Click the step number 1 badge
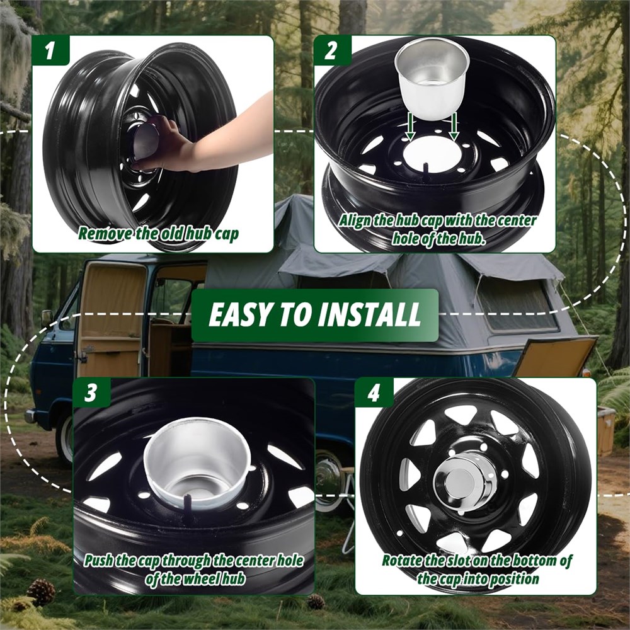coord(50,50)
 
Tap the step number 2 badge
coord(332,50)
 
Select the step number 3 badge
coord(91,392)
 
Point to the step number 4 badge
coord(374,392)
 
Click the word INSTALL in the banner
coord(369,314)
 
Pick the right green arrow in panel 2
coord(454,127)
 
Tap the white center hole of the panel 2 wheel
coord(432,155)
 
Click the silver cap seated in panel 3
coord(197,459)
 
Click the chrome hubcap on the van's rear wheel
coord(328,478)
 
